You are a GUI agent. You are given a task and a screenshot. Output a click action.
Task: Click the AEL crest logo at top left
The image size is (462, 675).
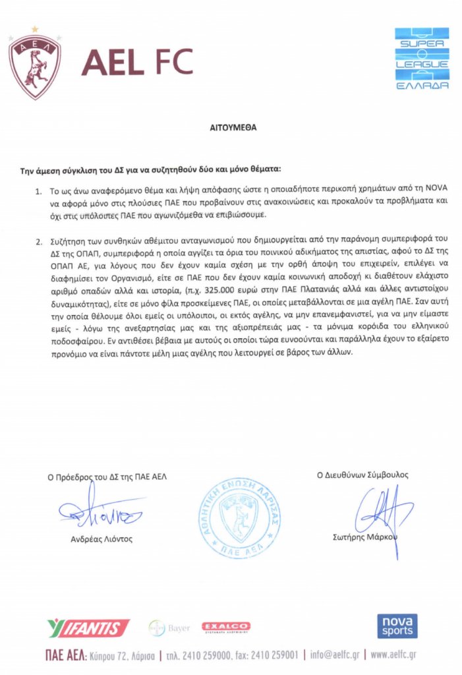click(x=34, y=64)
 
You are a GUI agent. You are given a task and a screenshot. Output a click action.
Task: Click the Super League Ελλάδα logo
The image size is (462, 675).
click(x=422, y=59)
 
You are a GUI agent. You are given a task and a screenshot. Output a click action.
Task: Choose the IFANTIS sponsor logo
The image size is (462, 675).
click(x=88, y=628)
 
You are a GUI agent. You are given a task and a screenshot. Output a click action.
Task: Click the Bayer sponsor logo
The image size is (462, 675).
click(x=170, y=627)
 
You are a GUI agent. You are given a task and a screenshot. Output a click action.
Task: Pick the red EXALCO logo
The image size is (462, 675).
click(x=225, y=626)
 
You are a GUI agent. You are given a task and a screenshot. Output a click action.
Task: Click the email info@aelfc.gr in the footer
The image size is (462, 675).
click(x=336, y=656)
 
